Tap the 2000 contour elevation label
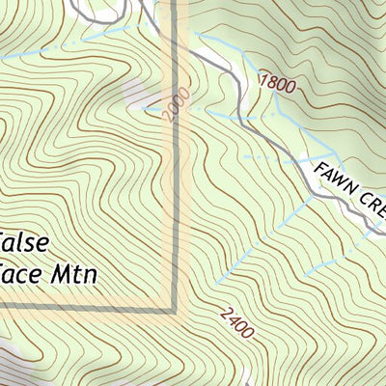pos(173,109)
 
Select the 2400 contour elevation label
pos(236,322)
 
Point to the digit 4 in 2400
pos(233,318)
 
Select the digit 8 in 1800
pos(272,80)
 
